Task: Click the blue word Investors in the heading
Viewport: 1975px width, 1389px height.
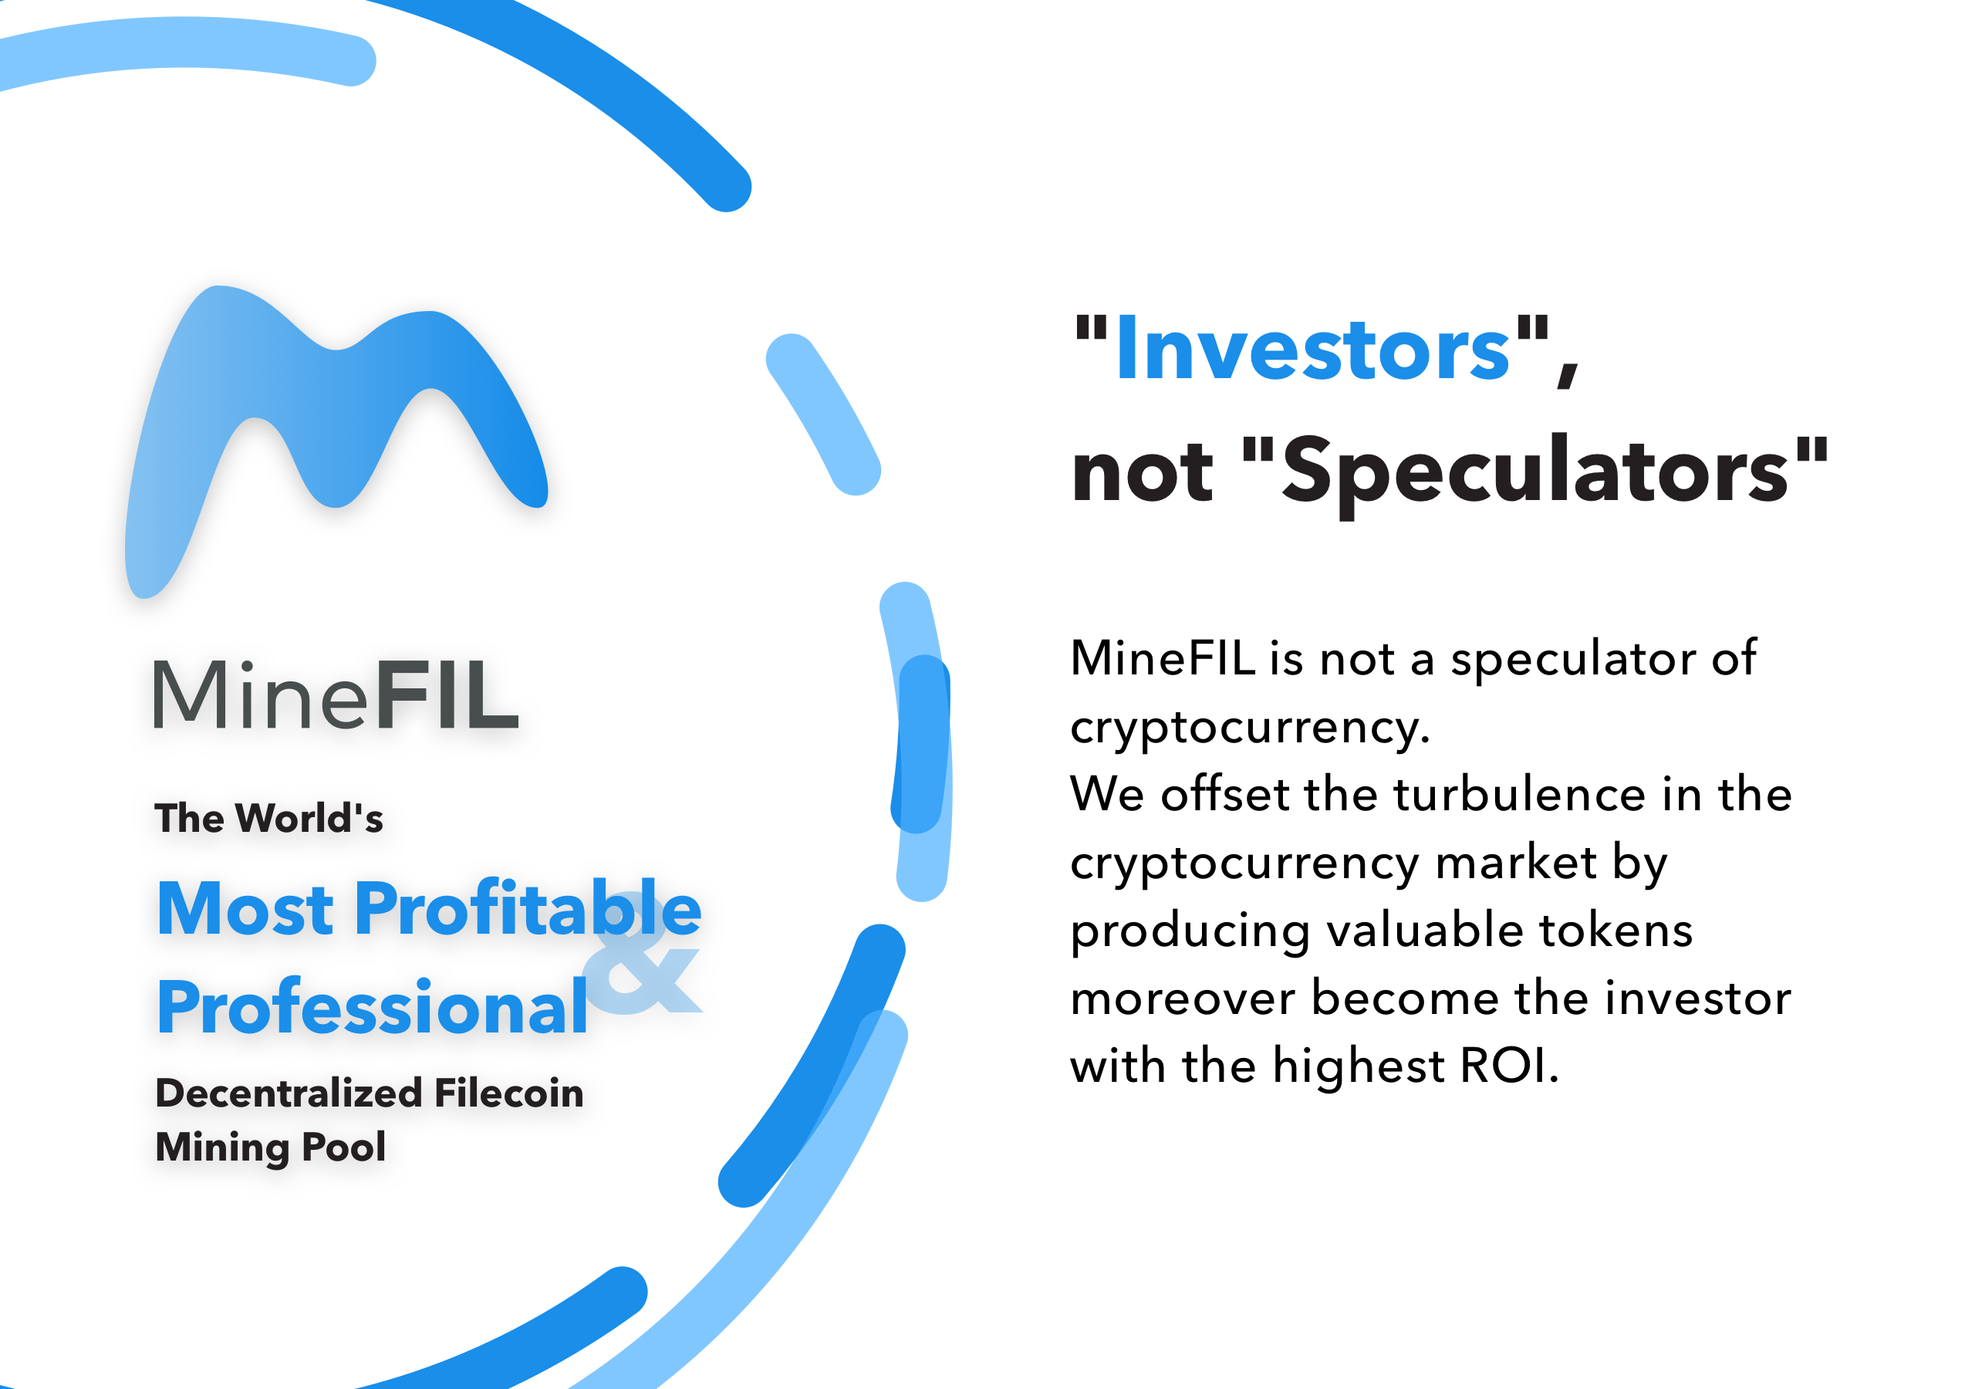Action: [x=1312, y=349]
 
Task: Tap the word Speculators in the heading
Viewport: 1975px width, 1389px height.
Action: [x=1535, y=472]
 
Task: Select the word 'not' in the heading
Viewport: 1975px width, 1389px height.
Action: [x=1143, y=473]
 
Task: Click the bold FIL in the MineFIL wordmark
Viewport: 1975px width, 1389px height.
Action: [x=447, y=694]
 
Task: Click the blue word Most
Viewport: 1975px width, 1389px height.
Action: [x=245, y=909]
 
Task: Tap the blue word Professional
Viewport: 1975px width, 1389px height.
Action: [x=373, y=1008]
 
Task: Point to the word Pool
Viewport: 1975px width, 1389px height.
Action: [x=344, y=1147]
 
